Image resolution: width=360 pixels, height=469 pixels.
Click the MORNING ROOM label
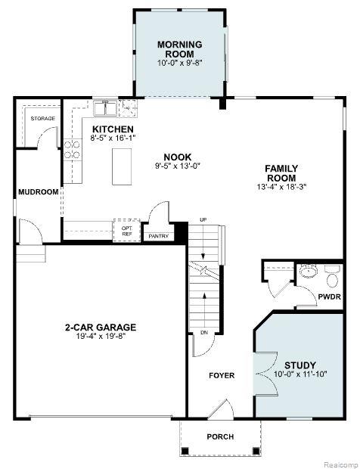point(180,49)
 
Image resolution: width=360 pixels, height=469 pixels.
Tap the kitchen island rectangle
point(122,166)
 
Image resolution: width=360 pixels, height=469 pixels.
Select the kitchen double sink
point(104,108)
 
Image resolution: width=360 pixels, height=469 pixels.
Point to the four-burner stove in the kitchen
point(72,150)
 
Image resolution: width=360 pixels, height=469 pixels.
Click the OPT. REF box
point(127,230)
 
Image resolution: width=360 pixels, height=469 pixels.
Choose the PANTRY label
point(159,236)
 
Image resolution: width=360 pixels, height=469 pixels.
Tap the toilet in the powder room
point(332,277)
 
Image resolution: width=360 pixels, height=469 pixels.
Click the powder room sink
point(309,271)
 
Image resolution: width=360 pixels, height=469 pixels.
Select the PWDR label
point(329,297)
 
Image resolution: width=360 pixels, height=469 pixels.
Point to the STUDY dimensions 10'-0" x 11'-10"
point(300,374)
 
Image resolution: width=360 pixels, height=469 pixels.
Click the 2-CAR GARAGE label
point(101,328)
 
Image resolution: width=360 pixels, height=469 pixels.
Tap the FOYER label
point(222,375)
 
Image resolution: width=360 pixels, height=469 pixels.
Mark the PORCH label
point(220,436)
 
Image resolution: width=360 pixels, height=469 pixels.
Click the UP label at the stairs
point(203,220)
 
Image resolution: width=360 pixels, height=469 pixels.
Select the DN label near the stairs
point(204,332)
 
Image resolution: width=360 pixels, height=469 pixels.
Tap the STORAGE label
point(43,119)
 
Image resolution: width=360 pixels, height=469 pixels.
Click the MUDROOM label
point(39,191)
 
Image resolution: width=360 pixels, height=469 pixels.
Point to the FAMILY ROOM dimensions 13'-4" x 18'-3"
point(281,187)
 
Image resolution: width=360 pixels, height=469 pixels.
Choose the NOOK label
point(177,157)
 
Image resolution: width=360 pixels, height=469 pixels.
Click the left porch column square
point(185,450)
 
